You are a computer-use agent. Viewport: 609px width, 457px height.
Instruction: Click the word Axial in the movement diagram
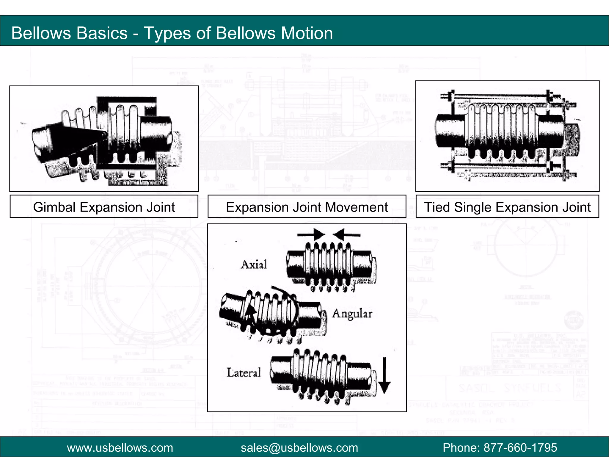(x=254, y=265)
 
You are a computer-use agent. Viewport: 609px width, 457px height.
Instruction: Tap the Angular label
(x=352, y=314)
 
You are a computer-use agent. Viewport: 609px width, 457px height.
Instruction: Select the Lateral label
(x=244, y=373)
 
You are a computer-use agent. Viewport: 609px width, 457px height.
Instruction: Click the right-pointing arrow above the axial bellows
(x=311, y=234)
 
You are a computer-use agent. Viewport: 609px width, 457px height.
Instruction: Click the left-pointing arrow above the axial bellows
(x=346, y=234)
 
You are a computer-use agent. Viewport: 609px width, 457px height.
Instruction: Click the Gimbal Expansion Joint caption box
(x=104, y=207)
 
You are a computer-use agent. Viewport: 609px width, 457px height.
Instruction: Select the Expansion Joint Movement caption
(x=307, y=207)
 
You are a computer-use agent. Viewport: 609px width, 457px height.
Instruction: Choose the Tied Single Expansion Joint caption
(x=507, y=207)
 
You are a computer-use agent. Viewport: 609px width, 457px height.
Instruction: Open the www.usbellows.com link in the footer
(x=120, y=447)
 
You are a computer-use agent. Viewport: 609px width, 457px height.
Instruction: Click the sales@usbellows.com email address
(x=299, y=447)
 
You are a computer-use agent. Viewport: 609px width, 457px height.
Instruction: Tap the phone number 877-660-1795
(x=520, y=447)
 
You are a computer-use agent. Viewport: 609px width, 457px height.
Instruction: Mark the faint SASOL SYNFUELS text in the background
(x=510, y=388)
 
